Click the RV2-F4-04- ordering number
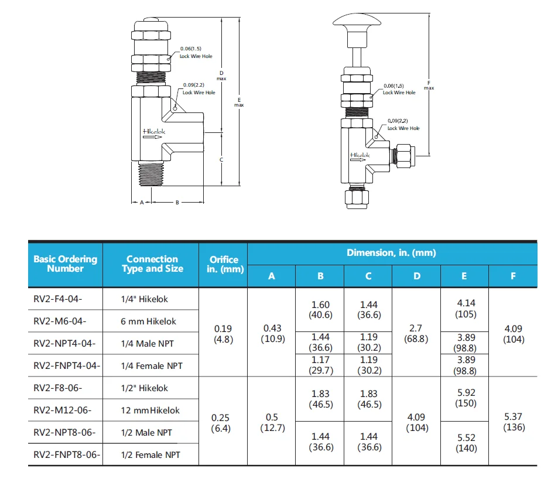pyautogui.click(x=58, y=299)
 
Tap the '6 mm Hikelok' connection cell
pyautogui.click(x=149, y=321)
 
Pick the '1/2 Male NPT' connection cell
pyautogui.click(x=146, y=432)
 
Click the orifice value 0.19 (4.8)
pyautogui.click(x=223, y=334)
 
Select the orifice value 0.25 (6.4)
pyautogui.click(x=223, y=423)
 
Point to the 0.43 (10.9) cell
pyautogui.click(x=271, y=334)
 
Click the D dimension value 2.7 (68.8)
pyautogui.click(x=416, y=334)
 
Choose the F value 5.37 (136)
pyautogui.click(x=513, y=423)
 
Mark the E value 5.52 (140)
pyautogui.click(x=464, y=443)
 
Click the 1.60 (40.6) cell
pyautogui.click(x=320, y=309)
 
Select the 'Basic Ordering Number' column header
pyautogui.click(x=66, y=264)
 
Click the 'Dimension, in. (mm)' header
pyautogui.click(x=392, y=253)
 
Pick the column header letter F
pyautogui.click(x=513, y=276)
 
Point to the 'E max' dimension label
pyautogui.click(x=239, y=102)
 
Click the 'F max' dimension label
pyautogui.click(x=429, y=85)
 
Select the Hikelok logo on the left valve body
pyautogui.click(x=154, y=132)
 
